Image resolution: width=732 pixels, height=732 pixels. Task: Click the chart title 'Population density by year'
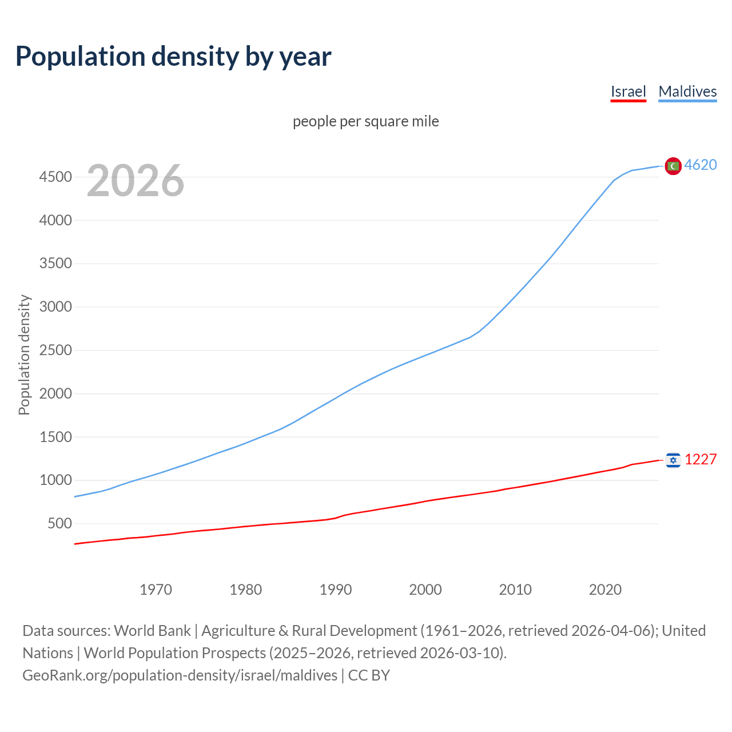click(x=173, y=57)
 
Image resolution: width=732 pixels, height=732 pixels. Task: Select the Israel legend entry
click(x=628, y=91)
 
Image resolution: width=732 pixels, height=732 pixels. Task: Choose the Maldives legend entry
click(x=687, y=91)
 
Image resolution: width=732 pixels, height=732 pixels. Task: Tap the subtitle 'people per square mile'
click(x=365, y=122)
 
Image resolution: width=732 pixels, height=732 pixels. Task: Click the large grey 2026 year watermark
click(x=136, y=181)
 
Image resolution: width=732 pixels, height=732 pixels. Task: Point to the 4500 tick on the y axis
click(x=55, y=177)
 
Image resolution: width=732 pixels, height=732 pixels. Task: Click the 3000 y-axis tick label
click(x=55, y=307)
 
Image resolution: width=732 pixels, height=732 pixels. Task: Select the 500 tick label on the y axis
click(x=59, y=524)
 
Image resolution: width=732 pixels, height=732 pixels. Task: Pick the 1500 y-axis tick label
click(x=55, y=437)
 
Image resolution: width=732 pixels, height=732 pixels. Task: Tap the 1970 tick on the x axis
click(x=156, y=590)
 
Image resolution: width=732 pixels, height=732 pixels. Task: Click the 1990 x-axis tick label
click(x=336, y=590)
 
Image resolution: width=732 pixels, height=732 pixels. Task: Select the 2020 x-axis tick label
click(x=605, y=590)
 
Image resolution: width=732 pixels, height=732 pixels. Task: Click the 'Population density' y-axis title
click(x=24, y=355)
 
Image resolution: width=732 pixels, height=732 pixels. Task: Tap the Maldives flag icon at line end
click(x=673, y=166)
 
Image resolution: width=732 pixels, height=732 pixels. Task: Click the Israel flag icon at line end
click(x=673, y=460)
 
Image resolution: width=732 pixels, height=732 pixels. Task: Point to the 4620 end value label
click(x=701, y=165)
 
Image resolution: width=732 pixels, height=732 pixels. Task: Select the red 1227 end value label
click(x=701, y=460)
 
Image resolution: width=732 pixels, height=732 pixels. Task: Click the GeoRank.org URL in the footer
click(x=180, y=675)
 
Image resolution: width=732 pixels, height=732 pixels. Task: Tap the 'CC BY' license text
click(x=369, y=675)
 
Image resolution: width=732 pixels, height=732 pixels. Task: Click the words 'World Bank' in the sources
click(x=152, y=631)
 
